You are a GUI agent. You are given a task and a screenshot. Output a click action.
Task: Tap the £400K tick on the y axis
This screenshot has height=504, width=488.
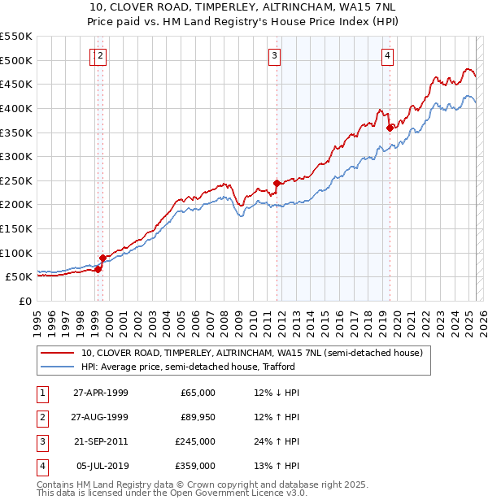(17, 108)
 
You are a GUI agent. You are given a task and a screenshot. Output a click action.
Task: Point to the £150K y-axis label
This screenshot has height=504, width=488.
(17, 228)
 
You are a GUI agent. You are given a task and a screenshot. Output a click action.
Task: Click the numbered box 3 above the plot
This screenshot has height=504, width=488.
(275, 56)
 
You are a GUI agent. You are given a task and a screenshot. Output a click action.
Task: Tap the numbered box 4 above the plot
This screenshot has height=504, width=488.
(388, 56)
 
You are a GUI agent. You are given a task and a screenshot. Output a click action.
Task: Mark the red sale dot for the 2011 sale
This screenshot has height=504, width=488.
(277, 183)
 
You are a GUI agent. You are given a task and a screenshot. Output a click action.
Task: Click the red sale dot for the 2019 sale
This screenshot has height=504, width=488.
(390, 128)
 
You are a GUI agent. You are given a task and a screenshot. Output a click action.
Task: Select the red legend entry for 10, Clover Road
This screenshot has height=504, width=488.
(251, 354)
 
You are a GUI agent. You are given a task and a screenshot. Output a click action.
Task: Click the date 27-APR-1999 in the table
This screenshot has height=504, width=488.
(101, 393)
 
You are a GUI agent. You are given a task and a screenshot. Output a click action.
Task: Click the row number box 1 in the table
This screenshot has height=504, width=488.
(41, 393)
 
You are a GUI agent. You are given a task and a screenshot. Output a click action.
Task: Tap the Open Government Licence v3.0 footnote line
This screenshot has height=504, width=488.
(172, 493)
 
